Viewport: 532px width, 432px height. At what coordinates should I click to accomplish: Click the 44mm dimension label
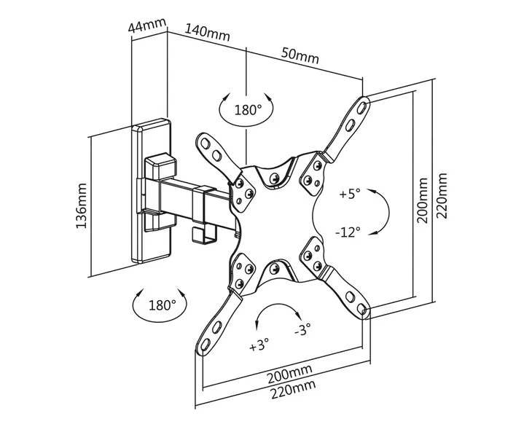pos(148,25)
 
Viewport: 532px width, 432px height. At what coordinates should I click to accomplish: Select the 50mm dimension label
pos(300,56)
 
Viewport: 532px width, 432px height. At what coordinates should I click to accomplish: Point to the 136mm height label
pos(82,205)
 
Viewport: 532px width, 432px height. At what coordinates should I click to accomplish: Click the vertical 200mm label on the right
pos(423,200)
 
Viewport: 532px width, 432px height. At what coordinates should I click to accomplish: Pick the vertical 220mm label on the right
pos(442,196)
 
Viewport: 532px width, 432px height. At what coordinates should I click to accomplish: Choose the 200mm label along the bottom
pos(289,373)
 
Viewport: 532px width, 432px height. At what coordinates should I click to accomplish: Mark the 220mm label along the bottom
pos(293,389)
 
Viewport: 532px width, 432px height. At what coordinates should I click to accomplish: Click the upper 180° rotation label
pos(248,110)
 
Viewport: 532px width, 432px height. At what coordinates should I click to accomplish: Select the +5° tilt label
pos(350,195)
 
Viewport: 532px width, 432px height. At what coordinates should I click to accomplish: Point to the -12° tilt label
pos(348,232)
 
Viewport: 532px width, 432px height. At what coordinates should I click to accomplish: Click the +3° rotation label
pos(259,345)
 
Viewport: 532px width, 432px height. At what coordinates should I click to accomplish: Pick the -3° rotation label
pos(302,329)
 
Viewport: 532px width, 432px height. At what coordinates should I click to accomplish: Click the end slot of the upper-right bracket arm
pos(362,106)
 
